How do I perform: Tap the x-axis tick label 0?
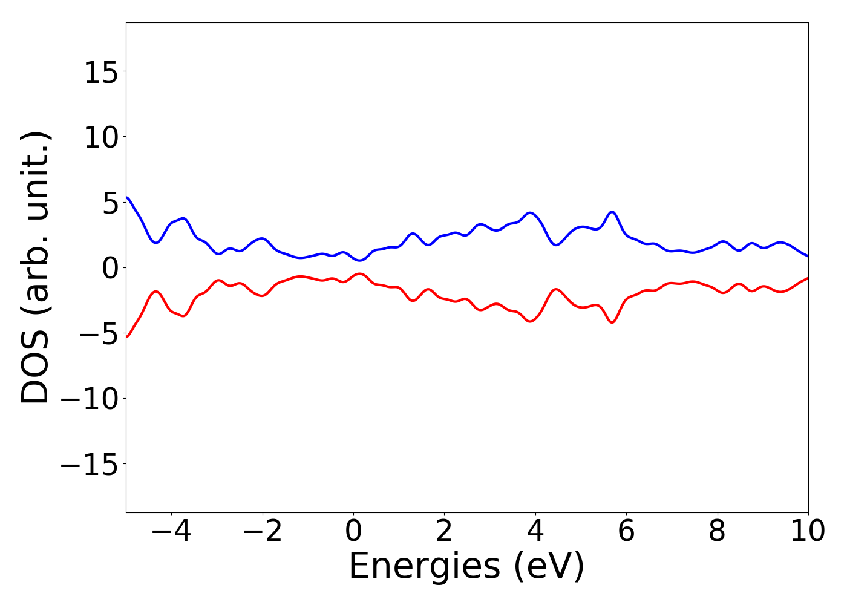[x=353, y=532]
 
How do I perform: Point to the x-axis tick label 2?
[x=444, y=532]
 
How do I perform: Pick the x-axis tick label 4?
[x=535, y=532]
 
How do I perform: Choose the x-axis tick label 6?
[x=626, y=532]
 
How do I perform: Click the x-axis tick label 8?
[x=717, y=532]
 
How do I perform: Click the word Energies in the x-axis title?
[x=424, y=567]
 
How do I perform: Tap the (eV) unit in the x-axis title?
[x=549, y=567]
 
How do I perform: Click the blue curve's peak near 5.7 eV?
[x=612, y=212]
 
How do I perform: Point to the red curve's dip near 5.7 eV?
[x=612, y=322]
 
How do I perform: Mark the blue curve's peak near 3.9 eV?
[x=531, y=212]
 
